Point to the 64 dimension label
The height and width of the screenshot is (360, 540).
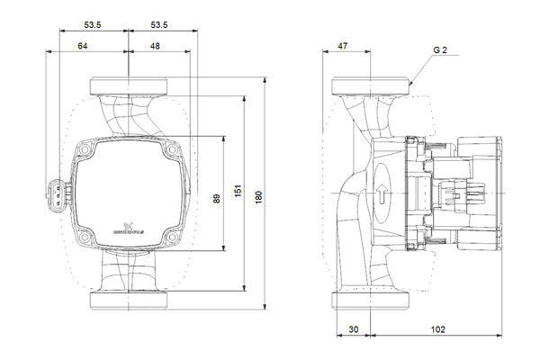coord(83,45)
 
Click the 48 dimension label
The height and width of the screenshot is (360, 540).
coord(156,45)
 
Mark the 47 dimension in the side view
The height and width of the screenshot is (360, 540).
coord(342,45)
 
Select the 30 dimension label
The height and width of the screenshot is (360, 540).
coord(352,330)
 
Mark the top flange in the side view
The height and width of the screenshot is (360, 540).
coord(370,86)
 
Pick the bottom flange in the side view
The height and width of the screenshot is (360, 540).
coord(370,301)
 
